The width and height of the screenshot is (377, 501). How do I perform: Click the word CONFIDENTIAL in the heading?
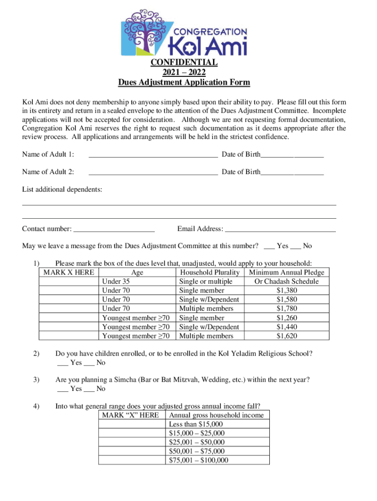(x=184, y=62)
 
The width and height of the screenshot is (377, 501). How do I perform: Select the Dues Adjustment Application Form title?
(x=184, y=82)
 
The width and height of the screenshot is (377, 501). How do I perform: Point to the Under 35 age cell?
(x=116, y=281)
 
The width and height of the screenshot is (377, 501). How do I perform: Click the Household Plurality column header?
(x=210, y=273)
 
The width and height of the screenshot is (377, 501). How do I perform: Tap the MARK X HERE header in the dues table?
(x=69, y=273)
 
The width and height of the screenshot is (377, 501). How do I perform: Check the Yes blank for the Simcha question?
(x=63, y=389)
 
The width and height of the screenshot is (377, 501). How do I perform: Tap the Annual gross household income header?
(x=216, y=415)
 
